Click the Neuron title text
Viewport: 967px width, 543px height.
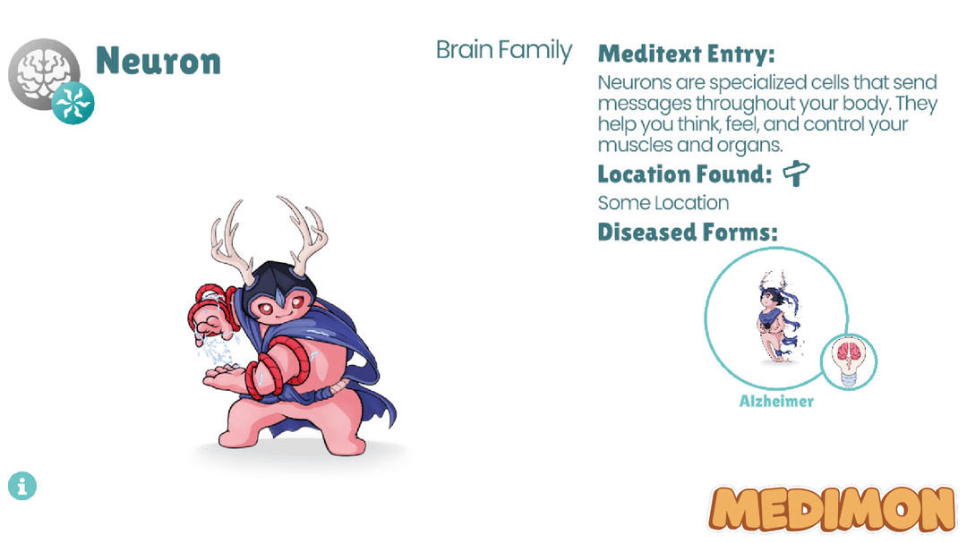158,61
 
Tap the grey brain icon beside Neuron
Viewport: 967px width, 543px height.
42,72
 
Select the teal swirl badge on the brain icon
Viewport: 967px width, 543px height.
73,103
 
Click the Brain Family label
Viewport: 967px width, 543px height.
504,50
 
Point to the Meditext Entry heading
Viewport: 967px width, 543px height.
687,54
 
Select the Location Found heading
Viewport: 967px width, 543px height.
685,174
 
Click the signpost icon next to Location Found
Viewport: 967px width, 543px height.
796,174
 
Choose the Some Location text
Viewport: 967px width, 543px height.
663,203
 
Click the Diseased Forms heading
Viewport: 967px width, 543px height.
688,233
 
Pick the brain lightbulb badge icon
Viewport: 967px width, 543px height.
849,361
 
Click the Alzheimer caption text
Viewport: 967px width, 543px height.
776,402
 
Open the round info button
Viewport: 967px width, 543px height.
22,486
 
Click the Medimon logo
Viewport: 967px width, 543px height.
832,508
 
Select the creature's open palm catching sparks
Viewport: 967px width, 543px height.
225,375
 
